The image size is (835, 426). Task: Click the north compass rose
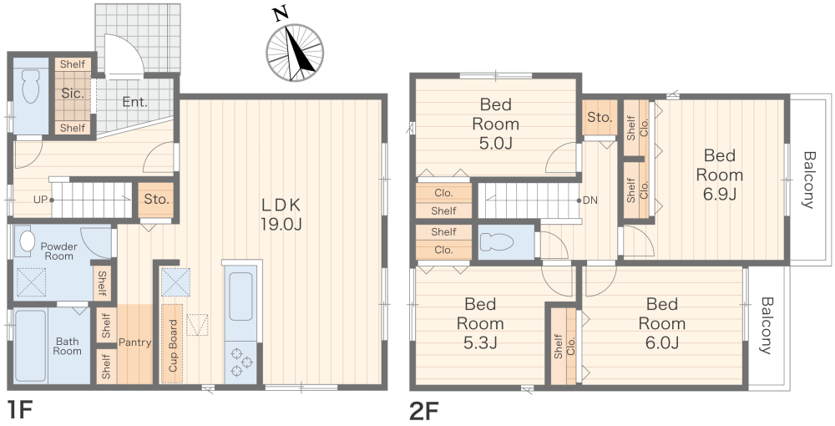point(295,53)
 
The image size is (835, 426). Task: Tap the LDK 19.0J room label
point(281,214)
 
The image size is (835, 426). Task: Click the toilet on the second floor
point(496,242)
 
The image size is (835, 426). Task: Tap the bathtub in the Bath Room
point(30,346)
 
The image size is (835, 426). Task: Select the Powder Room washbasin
point(26,241)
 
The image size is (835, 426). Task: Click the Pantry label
point(134,342)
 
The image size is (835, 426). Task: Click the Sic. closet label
point(73,94)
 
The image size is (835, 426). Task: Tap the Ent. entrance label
point(134,102)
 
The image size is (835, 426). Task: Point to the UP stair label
point(40,200)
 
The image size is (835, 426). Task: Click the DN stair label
point(590,200)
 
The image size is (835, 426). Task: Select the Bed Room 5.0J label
point(495,124)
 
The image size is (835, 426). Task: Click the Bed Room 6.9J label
point(720,175)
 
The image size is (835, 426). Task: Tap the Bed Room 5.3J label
point(480,323)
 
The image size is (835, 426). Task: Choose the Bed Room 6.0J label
point(662,323)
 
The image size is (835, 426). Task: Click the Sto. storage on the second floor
point(600,117)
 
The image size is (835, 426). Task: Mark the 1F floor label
point(20,411)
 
